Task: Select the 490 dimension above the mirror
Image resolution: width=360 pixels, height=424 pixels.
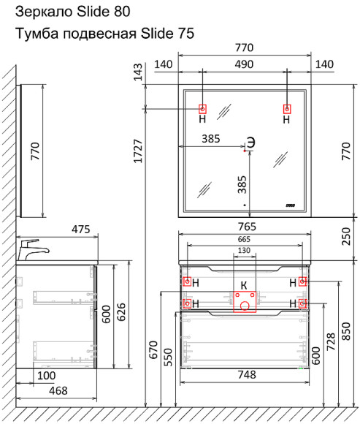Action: [x=244, y=64]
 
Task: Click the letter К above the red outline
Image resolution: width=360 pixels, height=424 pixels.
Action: [x=244, y=284]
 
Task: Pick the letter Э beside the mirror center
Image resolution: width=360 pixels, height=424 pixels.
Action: [x=250, y=142]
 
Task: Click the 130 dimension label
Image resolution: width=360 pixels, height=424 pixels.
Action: [x=244, y=251]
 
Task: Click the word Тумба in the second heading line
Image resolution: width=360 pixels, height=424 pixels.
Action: [x=34, y=34]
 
